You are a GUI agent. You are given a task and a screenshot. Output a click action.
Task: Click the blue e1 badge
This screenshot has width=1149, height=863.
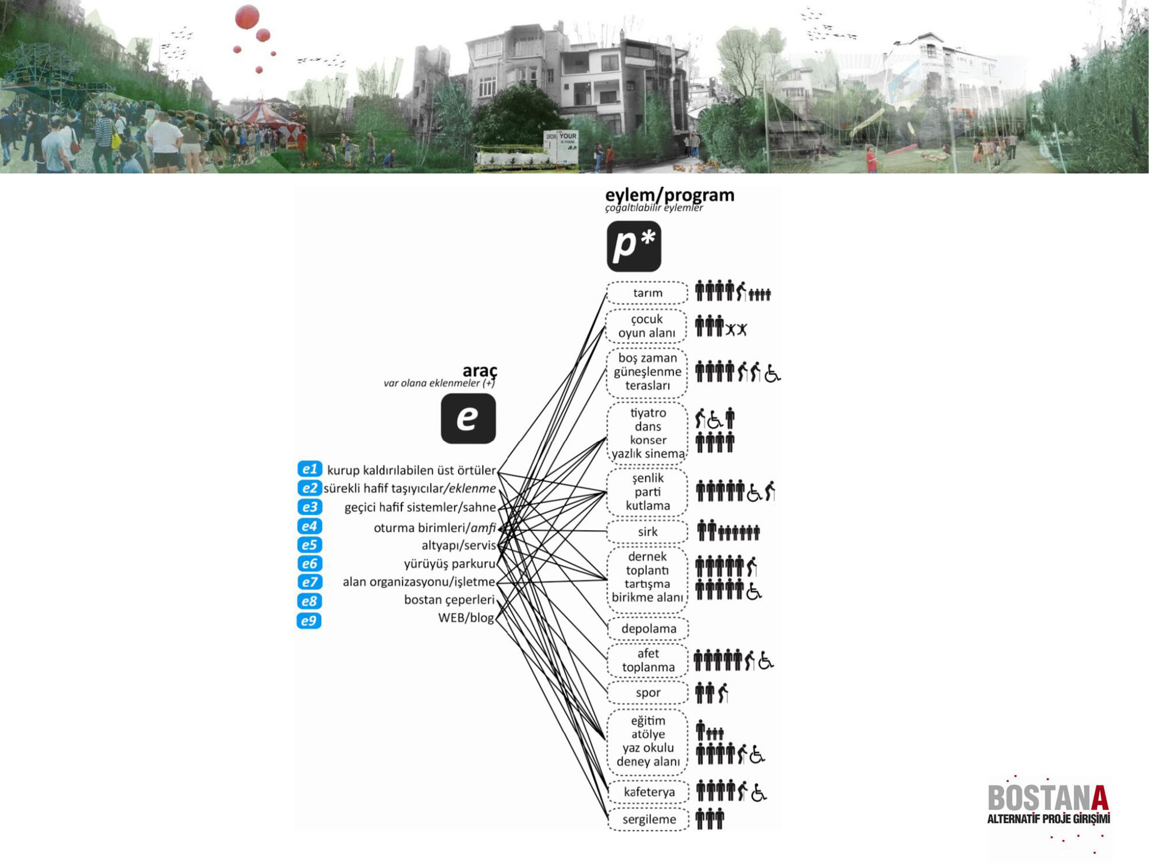tap(310, 469)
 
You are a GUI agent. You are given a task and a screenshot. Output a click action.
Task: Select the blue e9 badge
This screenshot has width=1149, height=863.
tap(309, 621)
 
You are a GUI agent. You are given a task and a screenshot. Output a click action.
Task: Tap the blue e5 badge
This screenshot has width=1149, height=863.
tap(309, 544)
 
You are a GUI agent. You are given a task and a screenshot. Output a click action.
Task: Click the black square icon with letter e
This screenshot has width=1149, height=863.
tap(468, 418)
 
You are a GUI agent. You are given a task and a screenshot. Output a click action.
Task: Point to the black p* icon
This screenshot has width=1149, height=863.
tap(634, 246)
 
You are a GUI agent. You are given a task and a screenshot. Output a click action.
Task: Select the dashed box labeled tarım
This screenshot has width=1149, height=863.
tap(647, 293)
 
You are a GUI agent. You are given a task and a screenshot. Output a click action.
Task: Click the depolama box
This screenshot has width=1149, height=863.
tap(648, 628)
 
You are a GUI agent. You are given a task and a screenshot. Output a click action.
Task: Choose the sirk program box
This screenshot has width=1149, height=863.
tap(647, 532)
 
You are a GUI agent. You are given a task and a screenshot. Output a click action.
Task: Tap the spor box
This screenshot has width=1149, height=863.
tap(647, 693)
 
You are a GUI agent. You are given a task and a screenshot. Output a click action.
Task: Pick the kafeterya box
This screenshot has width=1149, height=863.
tap(649, 792)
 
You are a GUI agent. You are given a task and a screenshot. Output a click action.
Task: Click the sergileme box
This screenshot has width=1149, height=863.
tap(649, 819)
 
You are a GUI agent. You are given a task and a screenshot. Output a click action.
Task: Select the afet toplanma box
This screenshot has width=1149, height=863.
tap(647, 661)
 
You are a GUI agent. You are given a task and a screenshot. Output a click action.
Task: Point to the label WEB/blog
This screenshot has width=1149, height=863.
tap(466, 617)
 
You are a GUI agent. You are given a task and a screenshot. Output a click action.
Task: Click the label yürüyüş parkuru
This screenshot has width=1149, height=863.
tap(449, 563)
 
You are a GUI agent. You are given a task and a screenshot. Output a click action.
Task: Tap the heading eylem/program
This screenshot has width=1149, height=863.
tap(669, 195)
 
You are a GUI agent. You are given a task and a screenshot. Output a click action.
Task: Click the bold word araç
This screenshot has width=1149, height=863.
tap(480, 370)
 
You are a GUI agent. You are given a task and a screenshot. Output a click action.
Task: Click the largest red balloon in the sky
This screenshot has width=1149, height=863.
tap(247, 17)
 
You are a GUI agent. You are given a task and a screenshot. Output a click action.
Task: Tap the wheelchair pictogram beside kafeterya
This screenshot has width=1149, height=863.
tap(758, 793)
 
